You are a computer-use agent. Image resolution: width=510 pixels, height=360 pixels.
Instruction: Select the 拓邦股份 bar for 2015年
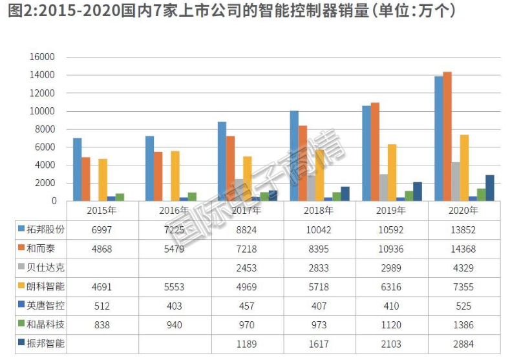tap(77, 169)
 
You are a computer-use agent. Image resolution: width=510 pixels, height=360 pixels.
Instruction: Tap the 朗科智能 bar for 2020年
tap(464, 168)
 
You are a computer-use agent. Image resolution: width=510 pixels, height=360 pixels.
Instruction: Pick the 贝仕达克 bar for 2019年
tap(383, 187)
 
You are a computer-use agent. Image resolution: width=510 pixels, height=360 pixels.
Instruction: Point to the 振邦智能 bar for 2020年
tap(489, 188)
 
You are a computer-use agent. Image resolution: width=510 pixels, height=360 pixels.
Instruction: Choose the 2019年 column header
tap(392, 210)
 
